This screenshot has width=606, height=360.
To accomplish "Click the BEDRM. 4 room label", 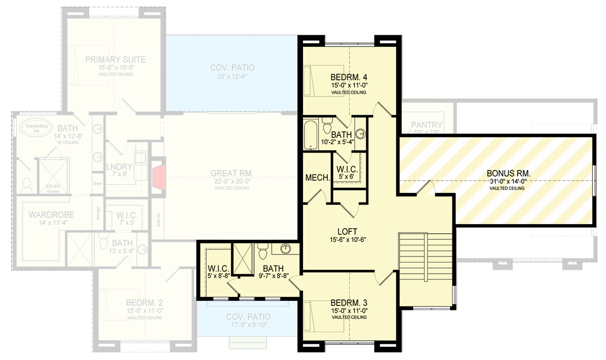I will pos(349,77).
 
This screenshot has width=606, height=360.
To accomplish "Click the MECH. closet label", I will pos(318,178).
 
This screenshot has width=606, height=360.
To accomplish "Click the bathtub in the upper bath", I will pos(310,135).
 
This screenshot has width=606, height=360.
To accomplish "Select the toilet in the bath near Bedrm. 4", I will pos(327,123).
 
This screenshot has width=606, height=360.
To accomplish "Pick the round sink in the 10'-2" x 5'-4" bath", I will pos(360,134).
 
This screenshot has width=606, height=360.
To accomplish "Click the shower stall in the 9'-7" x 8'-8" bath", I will pos(242,259).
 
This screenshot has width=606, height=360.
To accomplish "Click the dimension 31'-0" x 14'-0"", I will pos(507,182).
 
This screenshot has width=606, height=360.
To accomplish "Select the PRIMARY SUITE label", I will pos(115,60).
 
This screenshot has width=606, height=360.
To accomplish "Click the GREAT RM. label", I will pos(231,174).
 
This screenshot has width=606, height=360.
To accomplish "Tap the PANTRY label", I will pos(426,125).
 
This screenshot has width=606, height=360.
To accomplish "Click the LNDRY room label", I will pos(119,167).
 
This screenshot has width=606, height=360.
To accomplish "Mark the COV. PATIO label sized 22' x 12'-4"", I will pos(232,68).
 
